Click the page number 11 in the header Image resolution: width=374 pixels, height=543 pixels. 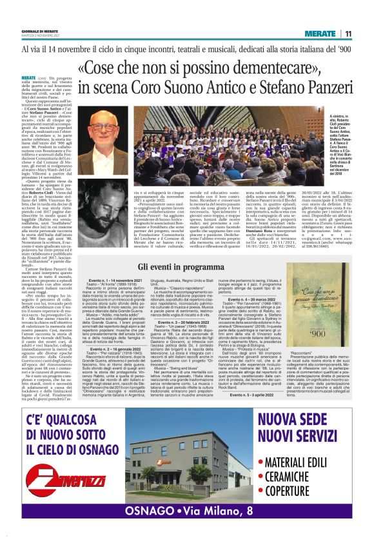point(348,34)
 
